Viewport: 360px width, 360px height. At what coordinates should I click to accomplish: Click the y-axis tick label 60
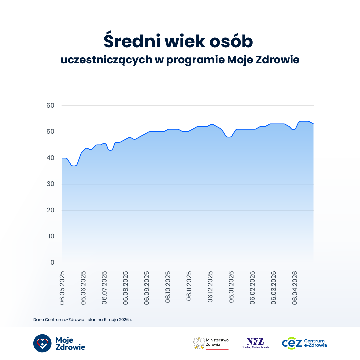coord(50,105)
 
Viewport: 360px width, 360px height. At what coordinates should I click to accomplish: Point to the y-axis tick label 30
coord(50,184)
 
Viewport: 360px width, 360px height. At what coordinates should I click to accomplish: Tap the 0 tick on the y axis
coord(52,262)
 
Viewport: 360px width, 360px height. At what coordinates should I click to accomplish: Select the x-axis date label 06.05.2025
coord(62,288)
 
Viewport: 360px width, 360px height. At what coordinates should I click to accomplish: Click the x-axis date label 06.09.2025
coord(147,288)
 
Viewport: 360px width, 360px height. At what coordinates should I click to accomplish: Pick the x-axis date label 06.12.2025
coord(210,287)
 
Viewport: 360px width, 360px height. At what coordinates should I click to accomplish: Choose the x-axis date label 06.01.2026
coord(231,287)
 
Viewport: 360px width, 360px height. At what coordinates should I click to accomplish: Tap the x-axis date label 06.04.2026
coord(295,288)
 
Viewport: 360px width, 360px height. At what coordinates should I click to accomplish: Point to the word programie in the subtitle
coord(195,60)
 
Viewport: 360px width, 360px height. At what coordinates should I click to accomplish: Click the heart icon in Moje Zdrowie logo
coord(42,343)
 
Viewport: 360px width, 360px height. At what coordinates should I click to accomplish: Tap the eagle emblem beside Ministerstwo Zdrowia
coord(199,343)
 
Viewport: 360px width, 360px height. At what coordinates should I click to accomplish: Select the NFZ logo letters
coord(255,342)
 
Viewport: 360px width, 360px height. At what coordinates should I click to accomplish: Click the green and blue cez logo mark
coord(292,343)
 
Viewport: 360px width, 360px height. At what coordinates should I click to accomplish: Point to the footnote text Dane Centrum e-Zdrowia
coord(59,320)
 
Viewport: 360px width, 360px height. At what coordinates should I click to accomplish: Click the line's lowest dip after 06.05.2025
coord(74,166)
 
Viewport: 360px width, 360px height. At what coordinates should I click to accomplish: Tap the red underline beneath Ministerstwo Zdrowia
coord(217,349)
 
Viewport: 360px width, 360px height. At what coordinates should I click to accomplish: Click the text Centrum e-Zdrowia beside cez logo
coord(315,343)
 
